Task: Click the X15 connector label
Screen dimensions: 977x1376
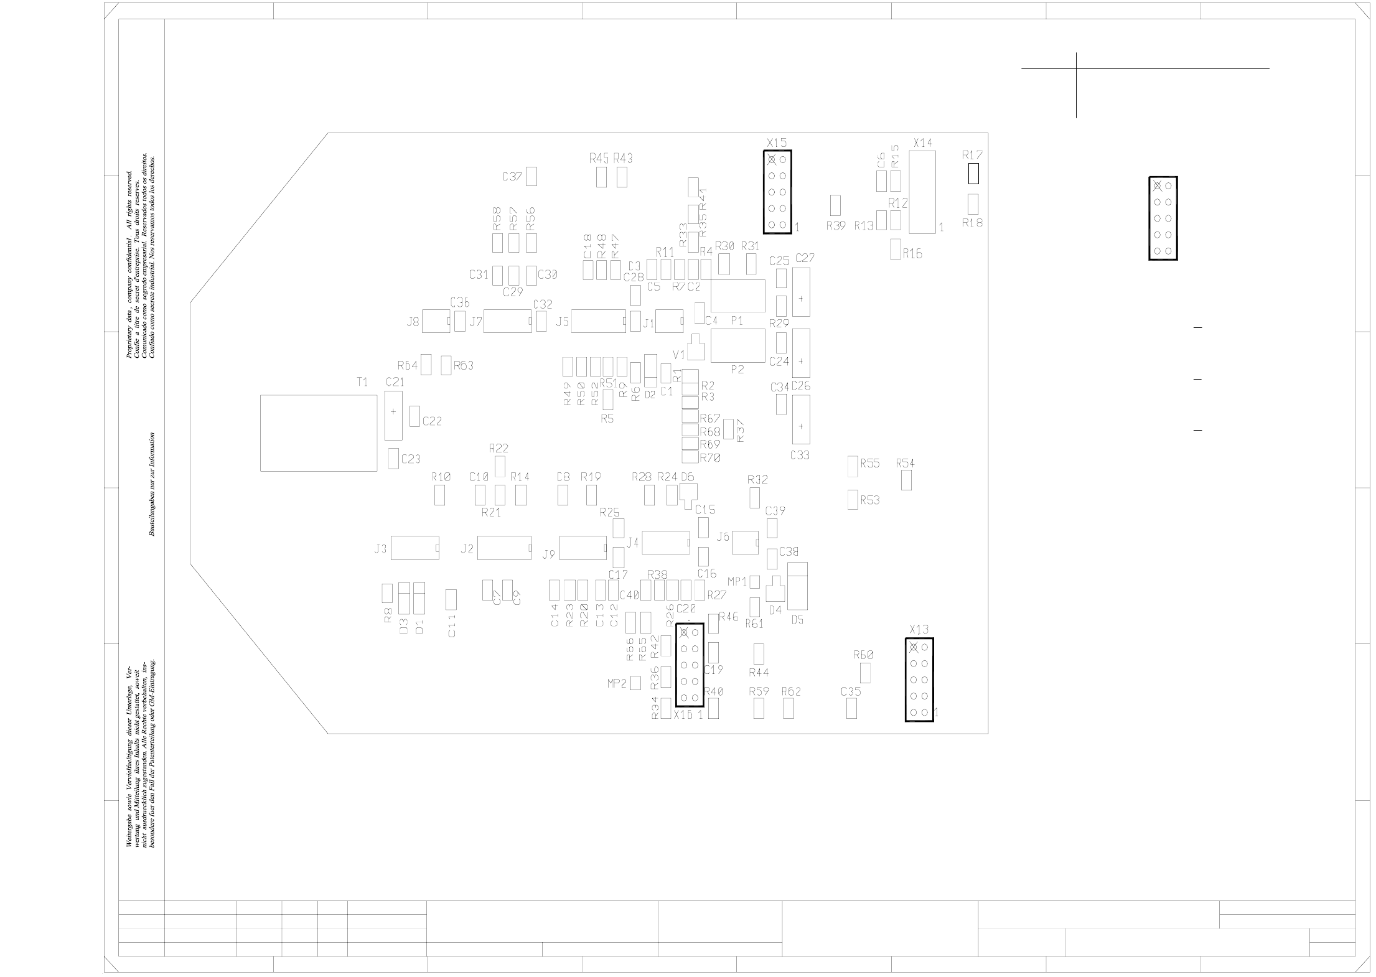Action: point(777,143)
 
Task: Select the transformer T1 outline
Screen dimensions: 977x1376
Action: point(319,433)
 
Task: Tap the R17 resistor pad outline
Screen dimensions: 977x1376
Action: point(973,174)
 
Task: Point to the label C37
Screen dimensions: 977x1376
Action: point(512,177)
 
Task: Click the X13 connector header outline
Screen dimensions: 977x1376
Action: point(919,680)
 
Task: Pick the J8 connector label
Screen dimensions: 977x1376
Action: point(413,322)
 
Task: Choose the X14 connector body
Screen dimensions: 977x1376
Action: point(922,192)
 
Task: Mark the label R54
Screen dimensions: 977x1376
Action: point(906,464)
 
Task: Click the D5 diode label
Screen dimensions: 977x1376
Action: point(798,620)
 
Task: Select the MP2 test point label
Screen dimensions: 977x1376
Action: point(617,684)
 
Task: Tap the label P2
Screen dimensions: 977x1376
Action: point(737,370)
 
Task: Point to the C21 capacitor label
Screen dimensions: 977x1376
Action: point(395,382)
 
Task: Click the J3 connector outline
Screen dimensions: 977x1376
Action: point(415,548)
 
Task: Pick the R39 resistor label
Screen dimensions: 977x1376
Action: point(836,227)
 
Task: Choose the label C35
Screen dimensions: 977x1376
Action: point(851,692)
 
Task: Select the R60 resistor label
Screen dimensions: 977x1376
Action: point(863,655)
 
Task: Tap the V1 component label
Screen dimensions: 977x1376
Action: point(679,355)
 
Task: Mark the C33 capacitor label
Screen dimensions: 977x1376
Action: point(800,456)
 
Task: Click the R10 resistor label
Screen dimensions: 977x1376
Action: point(441,477)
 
